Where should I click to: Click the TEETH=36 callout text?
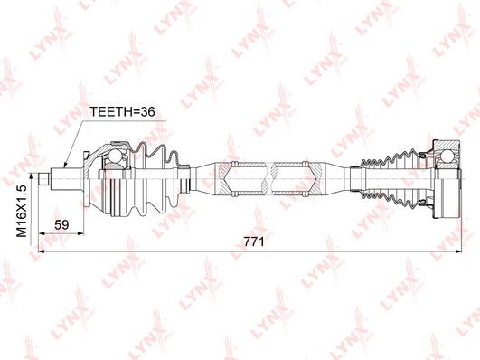point(122,112)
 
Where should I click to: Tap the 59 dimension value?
point(61,225)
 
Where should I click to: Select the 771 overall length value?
point(254,242)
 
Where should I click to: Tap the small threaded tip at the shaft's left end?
point(44,179)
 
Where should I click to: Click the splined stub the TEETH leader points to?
point(66,179)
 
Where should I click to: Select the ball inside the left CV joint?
point(116,156)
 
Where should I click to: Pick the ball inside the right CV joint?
point(447,156)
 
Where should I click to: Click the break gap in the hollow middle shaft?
point(268,179)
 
